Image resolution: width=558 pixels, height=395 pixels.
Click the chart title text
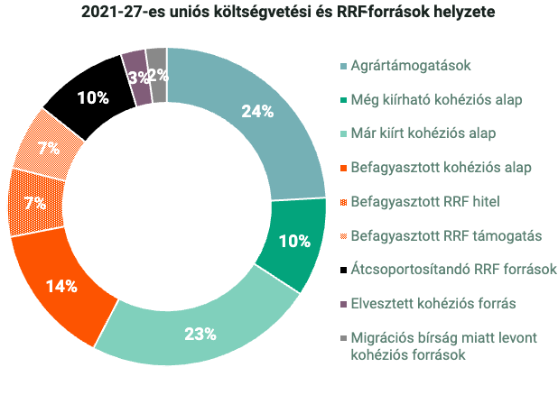(x=274, y=13)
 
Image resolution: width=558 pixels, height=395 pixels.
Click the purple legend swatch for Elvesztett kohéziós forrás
(x=343, y=303)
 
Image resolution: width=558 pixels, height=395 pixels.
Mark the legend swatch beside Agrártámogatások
(x=343, y=66)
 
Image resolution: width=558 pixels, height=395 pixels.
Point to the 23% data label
(x=200, y=334)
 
